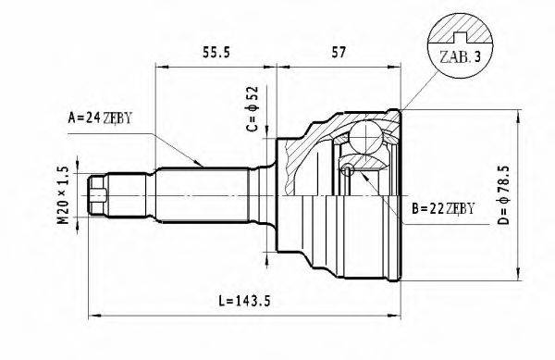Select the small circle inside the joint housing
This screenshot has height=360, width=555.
pyautogui.click(x=349, y=169)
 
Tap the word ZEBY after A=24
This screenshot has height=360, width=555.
pyautogui.click(x=118, y=118)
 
